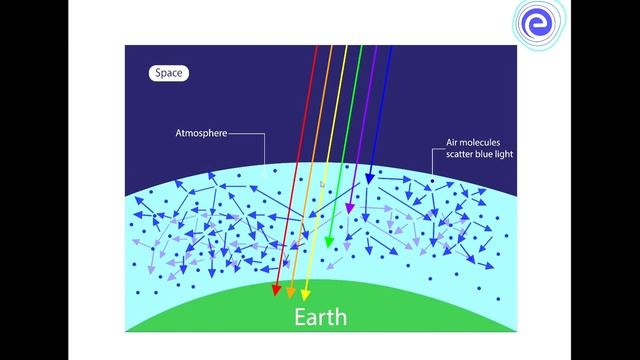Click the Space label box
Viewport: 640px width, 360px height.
pyautogui.click(x=168, y=73)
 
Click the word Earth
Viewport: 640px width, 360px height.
pyautogui.click(x=320, y=317)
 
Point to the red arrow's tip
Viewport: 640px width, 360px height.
pyautogui.click(x=276, y=297)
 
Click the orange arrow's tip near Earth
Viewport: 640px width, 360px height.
pyautogui.click(x=291, y=298)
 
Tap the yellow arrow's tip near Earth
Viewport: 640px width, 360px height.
pyautogui.click(x=305, y=298)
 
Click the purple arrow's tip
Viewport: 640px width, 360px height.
pyautogui.click(x=349, y=213)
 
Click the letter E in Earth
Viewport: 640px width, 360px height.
pyautogui.click(x=300, y=317)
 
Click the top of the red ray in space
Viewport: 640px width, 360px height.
pyautogui.click(x=316, y=47)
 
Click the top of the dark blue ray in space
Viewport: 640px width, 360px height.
pyautogui.click(x=390, y=47)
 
